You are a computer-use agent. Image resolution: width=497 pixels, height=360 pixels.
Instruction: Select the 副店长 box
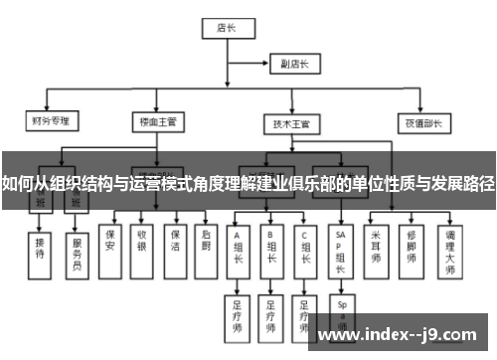point(294,65)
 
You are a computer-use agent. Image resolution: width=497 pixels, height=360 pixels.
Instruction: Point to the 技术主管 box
point(292,123)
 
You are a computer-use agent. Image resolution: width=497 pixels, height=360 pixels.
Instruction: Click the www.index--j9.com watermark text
point(398,336)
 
